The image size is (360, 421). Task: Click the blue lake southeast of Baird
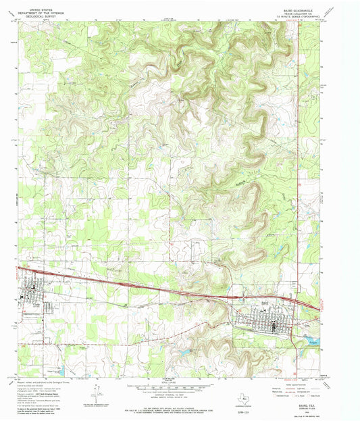(310, 341)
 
